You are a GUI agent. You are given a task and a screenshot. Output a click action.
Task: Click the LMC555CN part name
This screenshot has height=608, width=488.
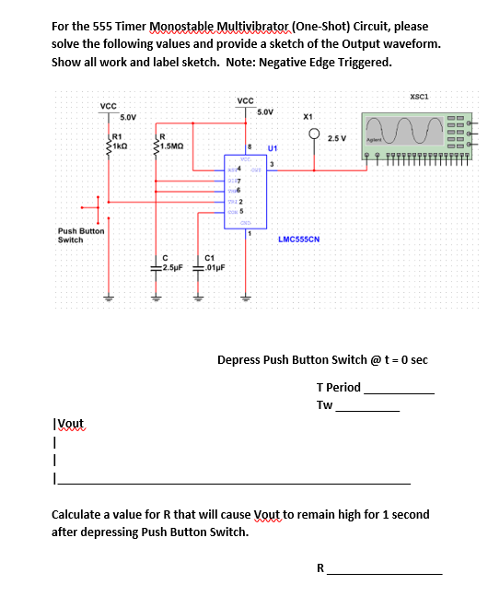tap(298, 239)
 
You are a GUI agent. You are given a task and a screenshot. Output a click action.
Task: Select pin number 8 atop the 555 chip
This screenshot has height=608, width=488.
tap(250, 146)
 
